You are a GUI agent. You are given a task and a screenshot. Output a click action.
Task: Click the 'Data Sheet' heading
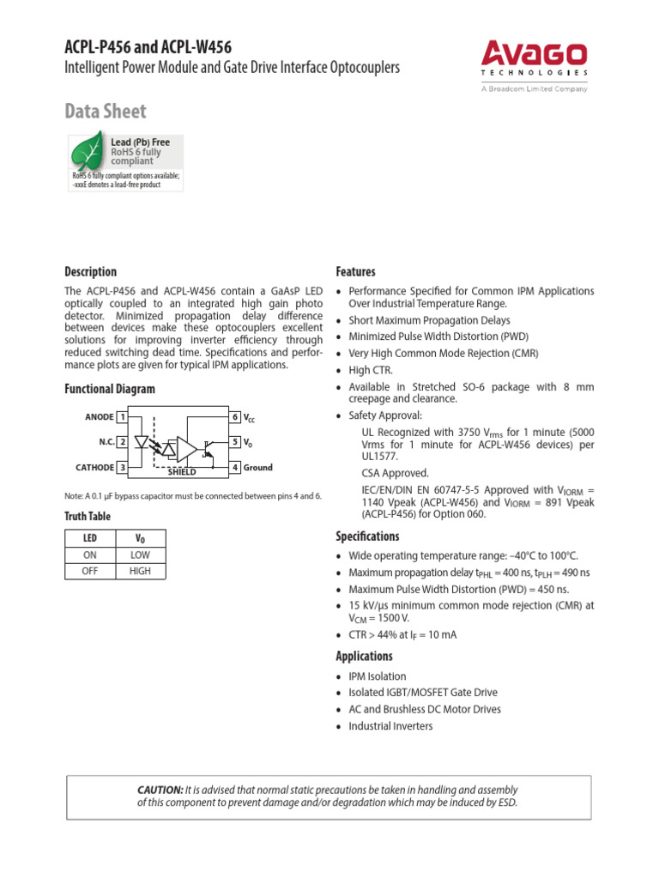tap(106, 111)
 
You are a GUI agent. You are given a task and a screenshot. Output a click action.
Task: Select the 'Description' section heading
tap(91, 271)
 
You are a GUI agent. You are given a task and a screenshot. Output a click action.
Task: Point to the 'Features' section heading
tap(355, 271)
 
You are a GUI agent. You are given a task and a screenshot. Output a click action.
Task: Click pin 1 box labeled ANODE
tap(123, 417)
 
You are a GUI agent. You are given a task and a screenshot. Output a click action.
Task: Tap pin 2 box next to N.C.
tap(123, 442)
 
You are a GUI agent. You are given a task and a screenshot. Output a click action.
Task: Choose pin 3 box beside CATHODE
tap(123, 468)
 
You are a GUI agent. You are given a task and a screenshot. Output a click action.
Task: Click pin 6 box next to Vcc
tap(235, 417)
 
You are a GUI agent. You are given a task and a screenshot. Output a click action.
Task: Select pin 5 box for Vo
tap(235, 442)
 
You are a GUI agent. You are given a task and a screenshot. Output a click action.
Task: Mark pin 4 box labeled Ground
tap(235, 468)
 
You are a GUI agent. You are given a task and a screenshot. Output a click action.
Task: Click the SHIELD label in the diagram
tap(182, 472)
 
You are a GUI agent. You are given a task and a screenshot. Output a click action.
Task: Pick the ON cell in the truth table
tap(90, 555)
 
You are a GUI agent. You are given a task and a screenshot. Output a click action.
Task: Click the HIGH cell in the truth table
tap(140, 571)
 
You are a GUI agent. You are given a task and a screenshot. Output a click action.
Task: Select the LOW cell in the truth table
tap(140, 555)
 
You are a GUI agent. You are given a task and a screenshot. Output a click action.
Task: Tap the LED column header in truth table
tap(90, 538)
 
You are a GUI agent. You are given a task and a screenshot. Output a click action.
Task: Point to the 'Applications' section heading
tap(364, 656)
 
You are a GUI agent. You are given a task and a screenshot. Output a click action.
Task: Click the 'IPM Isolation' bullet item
tap(377, 676)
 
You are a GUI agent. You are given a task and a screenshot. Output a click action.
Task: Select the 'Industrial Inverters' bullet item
tap(390, 726)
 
